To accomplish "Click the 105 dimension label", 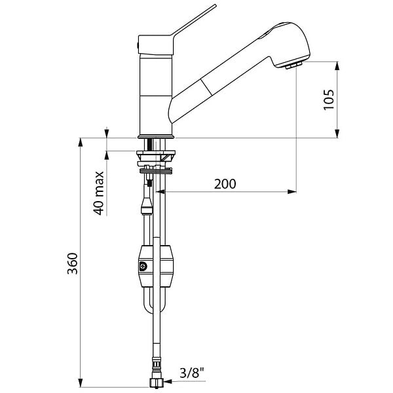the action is click(x=329, y=100).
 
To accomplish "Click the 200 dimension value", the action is click(x=225, y=184).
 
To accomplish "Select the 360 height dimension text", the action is click(x=73, y=263).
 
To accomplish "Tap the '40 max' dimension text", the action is click(x=99, y=193).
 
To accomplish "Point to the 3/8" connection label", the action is click(x=192, y=373).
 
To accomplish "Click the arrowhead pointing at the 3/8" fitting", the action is click(x=168, y=382).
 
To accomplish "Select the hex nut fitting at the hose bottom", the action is click(x=156, y=383).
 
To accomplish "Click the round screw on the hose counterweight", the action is click(x=143, y=266).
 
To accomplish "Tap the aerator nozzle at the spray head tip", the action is click(x=293, y=65).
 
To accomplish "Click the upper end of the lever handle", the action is click(x=215, y=5).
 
